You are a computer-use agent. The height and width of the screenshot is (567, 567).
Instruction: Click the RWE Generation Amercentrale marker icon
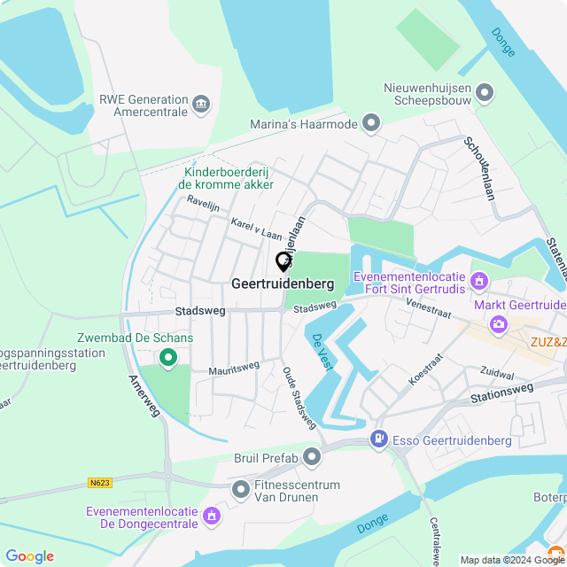[201, 105]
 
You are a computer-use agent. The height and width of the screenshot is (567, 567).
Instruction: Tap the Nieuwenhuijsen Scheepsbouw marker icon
[485, 93]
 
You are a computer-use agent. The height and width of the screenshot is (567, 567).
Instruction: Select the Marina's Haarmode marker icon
[371, 124]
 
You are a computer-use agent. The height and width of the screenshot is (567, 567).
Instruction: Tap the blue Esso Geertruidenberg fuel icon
[379, 439]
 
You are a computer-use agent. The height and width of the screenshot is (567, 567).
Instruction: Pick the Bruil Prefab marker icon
[312, 457]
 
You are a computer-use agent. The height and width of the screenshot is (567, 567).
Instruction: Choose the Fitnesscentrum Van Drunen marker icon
[240, 490]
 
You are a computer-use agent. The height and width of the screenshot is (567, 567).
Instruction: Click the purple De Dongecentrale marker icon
[211, 515]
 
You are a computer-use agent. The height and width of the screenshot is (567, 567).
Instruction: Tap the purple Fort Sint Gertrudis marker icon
[480, 283]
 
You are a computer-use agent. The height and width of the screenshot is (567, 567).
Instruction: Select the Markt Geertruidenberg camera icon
[499, 324]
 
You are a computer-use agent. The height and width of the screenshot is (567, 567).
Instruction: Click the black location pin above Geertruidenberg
[283, 261]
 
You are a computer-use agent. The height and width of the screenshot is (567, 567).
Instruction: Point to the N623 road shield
[100, 483]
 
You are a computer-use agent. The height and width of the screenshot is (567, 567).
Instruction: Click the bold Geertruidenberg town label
[283, 285]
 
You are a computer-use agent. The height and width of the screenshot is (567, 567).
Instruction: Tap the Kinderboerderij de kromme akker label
[226, 178]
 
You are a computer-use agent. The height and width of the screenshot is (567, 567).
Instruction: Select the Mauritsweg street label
[234, 368]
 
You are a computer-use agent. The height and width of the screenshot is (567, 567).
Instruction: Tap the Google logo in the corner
[29, 556]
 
